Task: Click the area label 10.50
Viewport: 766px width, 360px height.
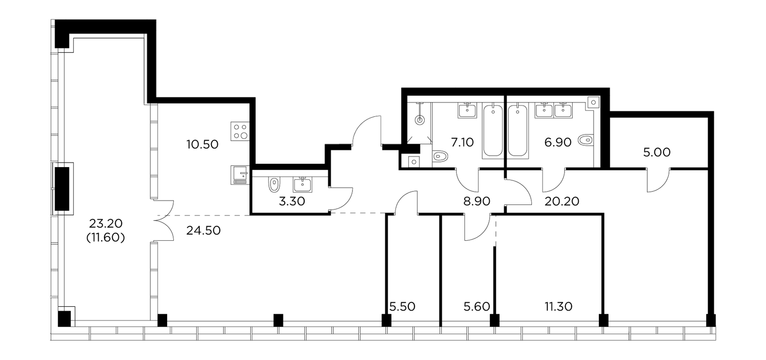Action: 203,145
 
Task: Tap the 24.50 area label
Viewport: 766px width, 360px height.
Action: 203,231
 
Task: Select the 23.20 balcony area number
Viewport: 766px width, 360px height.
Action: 106,224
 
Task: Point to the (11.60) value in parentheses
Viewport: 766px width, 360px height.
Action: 106,237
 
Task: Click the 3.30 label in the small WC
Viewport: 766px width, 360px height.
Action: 292,202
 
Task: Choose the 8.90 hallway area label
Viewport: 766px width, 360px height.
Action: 477,202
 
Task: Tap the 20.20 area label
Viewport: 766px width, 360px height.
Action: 562,202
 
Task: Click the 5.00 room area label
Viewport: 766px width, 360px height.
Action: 656,153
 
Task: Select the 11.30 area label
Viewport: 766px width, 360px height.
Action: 558,307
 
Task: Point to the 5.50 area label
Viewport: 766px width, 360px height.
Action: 403,307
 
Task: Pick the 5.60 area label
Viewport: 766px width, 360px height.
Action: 477,307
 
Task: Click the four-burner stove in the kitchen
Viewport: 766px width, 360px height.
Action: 240,131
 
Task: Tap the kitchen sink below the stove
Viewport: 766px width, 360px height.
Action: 240,175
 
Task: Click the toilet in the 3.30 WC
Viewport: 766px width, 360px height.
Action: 274,185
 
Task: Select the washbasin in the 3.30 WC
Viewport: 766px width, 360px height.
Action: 302,185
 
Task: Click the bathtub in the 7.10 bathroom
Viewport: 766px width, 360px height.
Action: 493,131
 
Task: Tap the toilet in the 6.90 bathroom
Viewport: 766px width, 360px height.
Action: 586,140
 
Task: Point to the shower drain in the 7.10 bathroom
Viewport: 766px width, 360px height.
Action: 419,120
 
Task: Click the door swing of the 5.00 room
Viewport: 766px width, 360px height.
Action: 658,180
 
